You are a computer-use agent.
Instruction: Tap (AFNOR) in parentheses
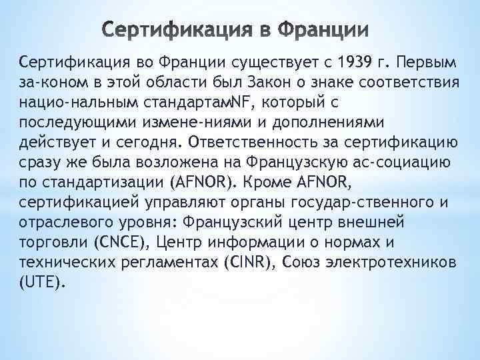[203, 181]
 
